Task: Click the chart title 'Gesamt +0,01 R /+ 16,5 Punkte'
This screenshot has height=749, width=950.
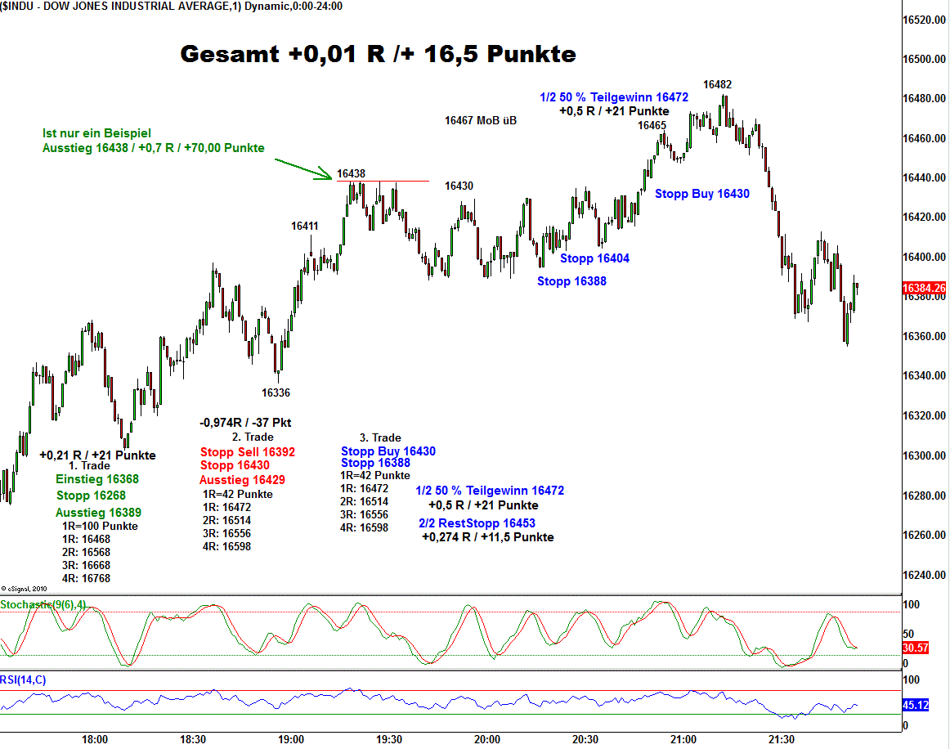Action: [x=378, y=55]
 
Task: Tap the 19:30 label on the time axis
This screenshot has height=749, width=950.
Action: [x=389, y=740]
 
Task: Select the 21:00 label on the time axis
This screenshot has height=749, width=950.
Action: [x=683, y=740]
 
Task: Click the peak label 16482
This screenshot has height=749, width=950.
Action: [x=717, y=84]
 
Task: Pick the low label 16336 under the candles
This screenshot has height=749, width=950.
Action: [x=276, y=392]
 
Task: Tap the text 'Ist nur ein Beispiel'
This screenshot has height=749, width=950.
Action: [x=96, y=133]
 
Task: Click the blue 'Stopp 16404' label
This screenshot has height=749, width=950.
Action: [x=594, y=258]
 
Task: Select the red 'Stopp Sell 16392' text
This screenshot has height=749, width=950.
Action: [x=247, y=451]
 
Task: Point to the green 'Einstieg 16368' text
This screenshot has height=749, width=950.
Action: [x=97, y=479]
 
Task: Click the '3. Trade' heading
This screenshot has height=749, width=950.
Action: [x=380, y=437]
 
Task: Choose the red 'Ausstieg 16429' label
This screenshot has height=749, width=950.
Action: [x=242, y=480]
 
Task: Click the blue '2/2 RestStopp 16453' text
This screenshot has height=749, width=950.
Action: [x=477, y=523]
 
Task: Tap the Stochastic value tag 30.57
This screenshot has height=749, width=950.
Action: [x=915, y=648]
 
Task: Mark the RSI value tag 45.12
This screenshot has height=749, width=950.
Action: [x=915, y=705]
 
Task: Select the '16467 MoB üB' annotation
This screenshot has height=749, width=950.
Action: [x=480, y=120]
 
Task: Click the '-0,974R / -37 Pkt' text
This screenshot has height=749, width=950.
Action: [x=244, y=423]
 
